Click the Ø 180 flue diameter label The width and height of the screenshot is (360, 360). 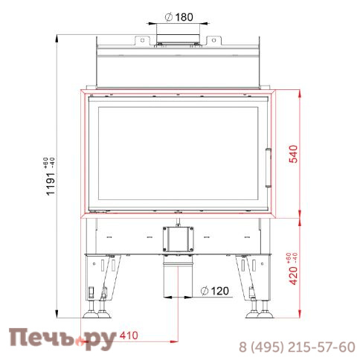(x=179, y=17)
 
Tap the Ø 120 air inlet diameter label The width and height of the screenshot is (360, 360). (x=215, y=291)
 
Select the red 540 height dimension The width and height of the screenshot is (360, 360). (x=294, y=154)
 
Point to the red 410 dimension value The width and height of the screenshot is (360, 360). (x=129, y=335)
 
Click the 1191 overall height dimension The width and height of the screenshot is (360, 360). (x=51, y=184)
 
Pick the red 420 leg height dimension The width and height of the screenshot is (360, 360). (x=294, y=276)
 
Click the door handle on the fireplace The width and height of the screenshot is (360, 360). (x=269, y=167)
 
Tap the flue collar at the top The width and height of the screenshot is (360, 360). (x=178, y=39)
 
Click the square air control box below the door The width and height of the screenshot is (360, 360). (x=178, y=240)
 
